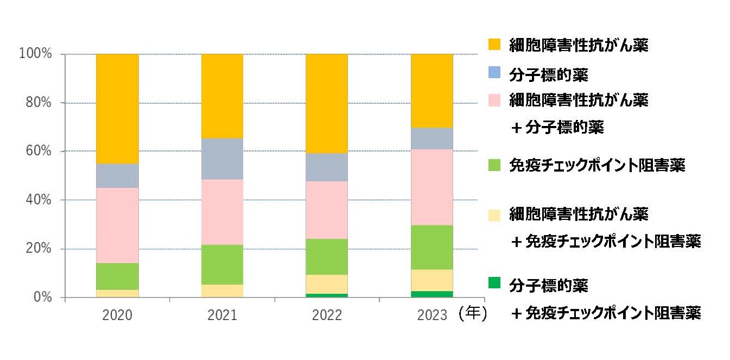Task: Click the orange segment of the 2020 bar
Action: pyautogui.click(x=117, y=109)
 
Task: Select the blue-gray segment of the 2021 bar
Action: pyautogui.click(x=222, y=159)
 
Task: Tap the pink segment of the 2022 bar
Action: pyautogui.click(x=327, y=210)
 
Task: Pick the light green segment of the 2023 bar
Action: pyautogui.click(x=431, y=247)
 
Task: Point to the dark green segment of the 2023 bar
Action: pyautogui.click(x=431, y=294)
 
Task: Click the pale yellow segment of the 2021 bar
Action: pyautogui.click(x=222, y=290)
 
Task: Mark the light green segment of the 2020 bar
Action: pyautogui.click(x=117, y=276)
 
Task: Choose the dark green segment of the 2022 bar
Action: pyautogui.click(x=327, y=295)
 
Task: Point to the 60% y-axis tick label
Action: pyautogui.click(x=38, y=151)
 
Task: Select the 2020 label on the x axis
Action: pyautogui.click(x=117, y=315)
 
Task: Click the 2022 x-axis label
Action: pyautogui.click(x=327, y=315)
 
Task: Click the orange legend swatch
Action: pyautogui.click(x=493, y=45)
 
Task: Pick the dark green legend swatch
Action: pyautogui.click(x=493, y=282)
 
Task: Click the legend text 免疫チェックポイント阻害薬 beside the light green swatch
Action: pyautogui.click(x=597, y=165)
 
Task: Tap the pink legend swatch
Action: pyautogui.click(x=493, y=100)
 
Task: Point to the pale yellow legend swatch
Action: pyautogui.click(x=493, y=214)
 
